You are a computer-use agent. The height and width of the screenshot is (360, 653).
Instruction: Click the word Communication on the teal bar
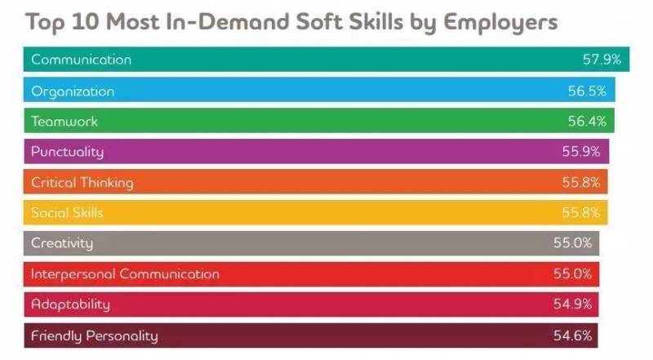pyautogui.click(x=81, y=60)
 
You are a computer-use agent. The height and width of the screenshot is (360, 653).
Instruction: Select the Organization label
pyautogui.click(x=73, y=91)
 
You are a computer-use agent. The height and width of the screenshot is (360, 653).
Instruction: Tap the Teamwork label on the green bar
pyautogui.click(x=64, y=122)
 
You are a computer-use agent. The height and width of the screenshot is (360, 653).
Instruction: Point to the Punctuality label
pyautogui.click(x=67, y=152)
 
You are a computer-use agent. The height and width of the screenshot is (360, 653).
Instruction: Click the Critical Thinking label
pyautogui.click(x=82, y=183)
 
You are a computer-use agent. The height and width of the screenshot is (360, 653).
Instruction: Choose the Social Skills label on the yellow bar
pyautogui.click(x=67, y=213)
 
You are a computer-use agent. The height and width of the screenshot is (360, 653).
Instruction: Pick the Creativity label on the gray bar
pyautogui.click(x=62, y=243)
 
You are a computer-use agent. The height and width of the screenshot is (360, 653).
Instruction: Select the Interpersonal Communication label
pyautogui.click(x=125, y=274)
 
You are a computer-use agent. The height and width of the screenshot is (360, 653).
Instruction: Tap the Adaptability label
pyautogui.click(x=70, y=304)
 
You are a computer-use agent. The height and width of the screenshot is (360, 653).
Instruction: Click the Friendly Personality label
pyautogui.click(x=94, y=336)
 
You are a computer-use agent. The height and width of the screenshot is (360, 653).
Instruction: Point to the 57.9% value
pyautogui.click(x=602, y=60)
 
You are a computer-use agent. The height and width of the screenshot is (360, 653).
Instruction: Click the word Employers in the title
pyautogui.click(x=500, y=22)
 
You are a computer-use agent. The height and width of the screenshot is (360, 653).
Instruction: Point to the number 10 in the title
pyautogui.click(x=91, y=22)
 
